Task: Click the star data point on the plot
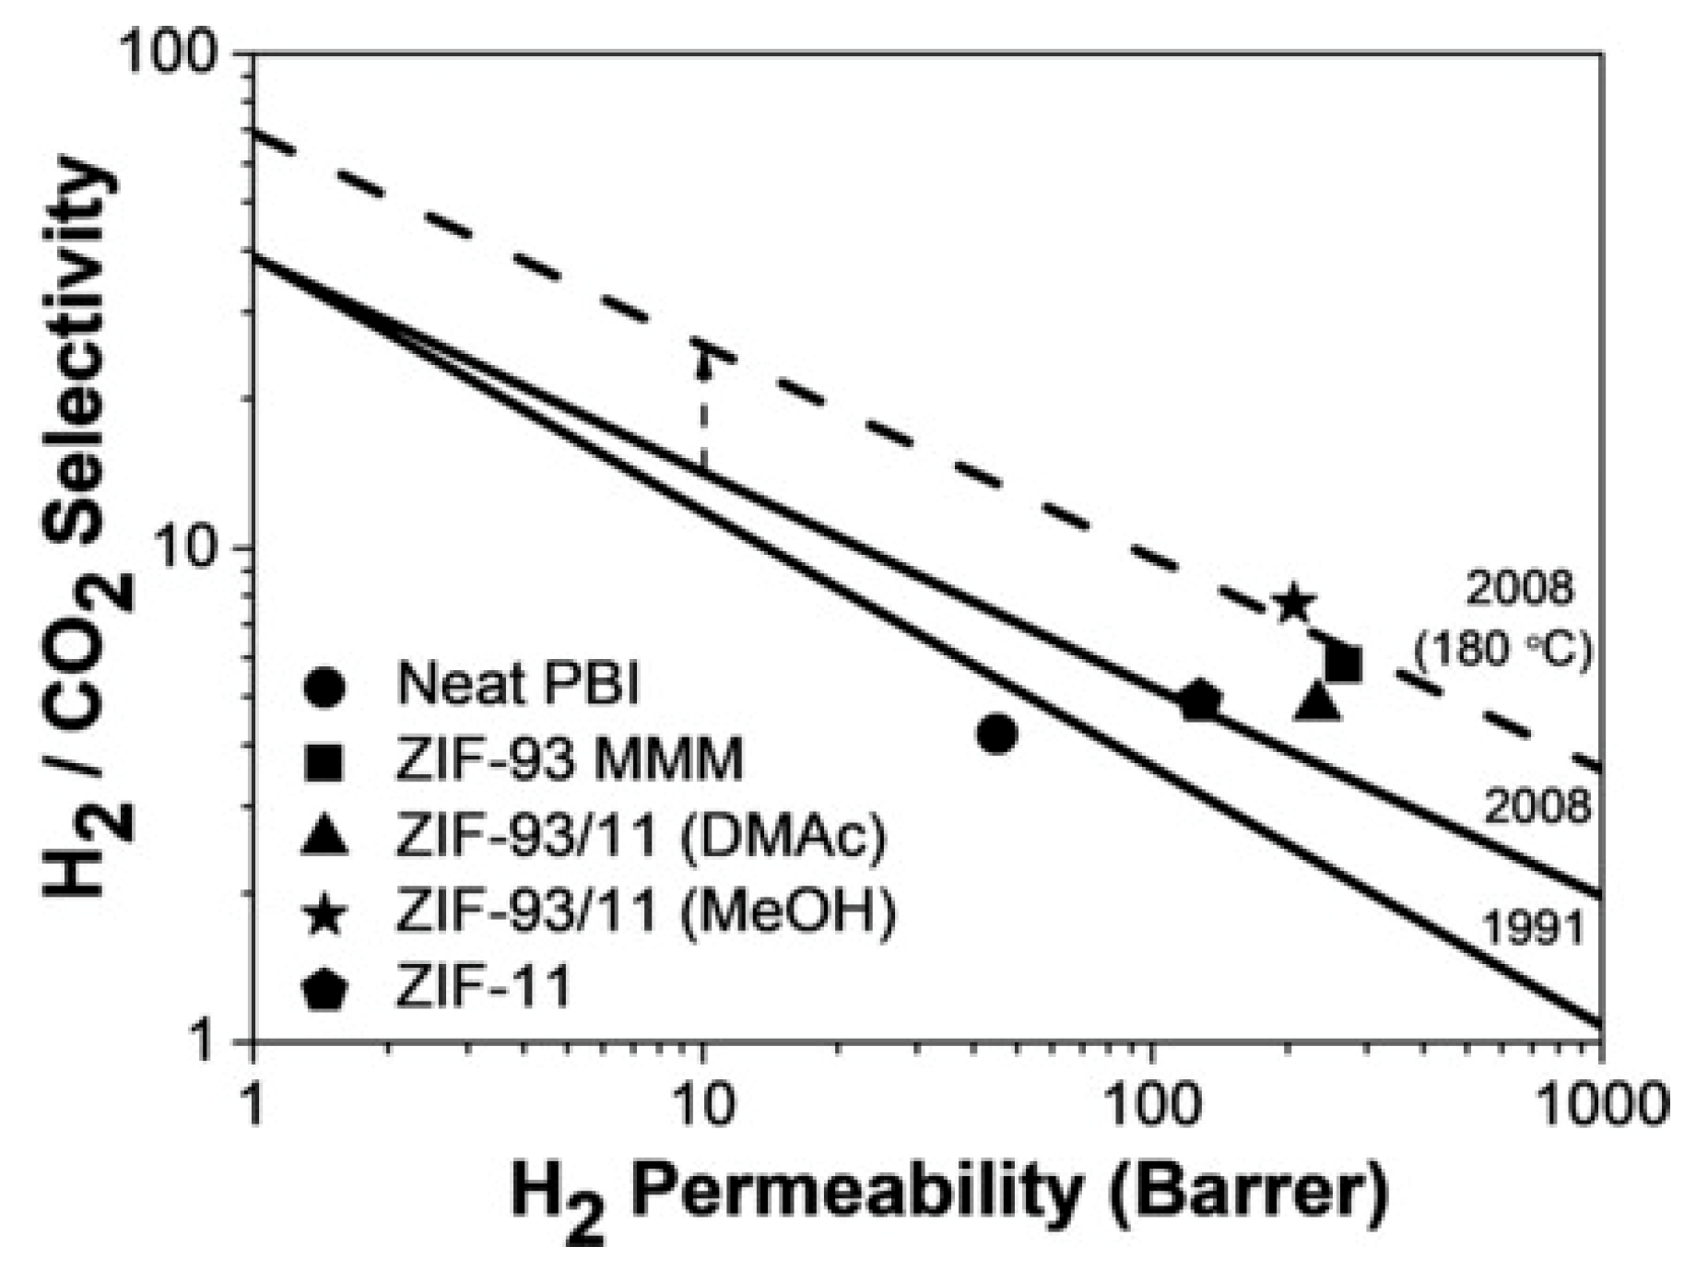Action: pyautogui.click(x=1293, y=605)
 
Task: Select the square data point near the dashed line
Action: pyautogui.click(x=1343, y=663)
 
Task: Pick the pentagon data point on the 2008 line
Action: pyautogui.click(x=1199, y=701)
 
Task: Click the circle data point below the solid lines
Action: pyautogui.click(x=997, y=734)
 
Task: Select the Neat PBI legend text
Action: pyautogui.click(x=518, y=684)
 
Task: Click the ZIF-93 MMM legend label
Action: pyautogui.click(x=569, y=761)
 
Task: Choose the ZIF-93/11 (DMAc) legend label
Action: pyautogui.click(x=641, y=837)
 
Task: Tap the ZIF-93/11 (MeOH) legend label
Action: pyautogui.click(x=645, y=912)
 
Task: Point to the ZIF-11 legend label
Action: pyautogui.click(x=483, y=987)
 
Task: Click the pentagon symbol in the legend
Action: pyautogui.click(x=325, y=991)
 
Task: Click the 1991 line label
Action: pyautogui.click(x=1535, y=928)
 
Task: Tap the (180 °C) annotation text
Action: pyautogui.click(x=1503, y=651)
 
